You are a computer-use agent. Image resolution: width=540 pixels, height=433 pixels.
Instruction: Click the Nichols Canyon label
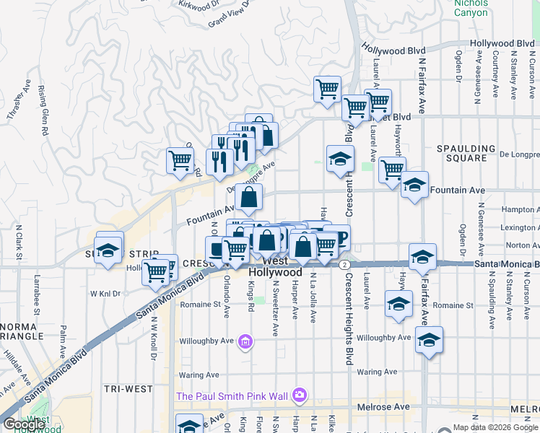click(471, 8)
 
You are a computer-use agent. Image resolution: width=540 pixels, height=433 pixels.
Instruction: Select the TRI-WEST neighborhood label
click(128, 389)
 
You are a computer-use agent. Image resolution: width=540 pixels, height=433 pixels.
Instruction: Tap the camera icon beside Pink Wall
click(299, 395)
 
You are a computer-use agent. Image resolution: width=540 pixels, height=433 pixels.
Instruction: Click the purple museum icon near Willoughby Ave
click(245, 341)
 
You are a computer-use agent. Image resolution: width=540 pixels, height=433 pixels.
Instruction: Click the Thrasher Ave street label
click(15, 105)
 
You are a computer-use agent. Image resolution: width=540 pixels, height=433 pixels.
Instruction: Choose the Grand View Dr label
click(228, 14)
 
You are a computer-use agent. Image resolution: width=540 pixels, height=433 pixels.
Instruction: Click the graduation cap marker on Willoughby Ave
click(429, 339)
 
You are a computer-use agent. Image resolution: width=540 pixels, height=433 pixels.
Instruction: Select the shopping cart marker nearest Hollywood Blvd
click(328, 89)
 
